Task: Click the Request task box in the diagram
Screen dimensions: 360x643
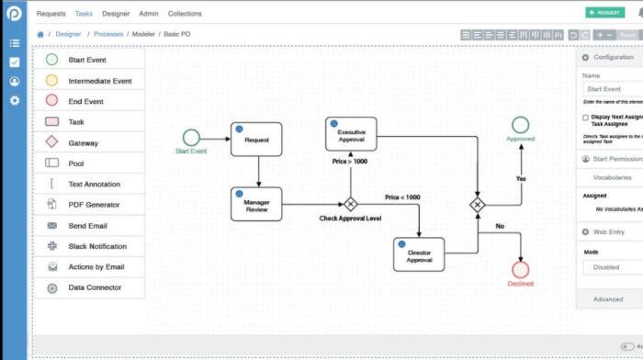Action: pos(256,140)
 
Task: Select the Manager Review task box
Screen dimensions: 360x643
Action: pos(256,204)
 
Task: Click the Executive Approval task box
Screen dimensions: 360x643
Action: pos(351,134)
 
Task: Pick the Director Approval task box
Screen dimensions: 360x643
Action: pos(419,254)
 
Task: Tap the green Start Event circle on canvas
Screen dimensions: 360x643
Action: pos(190,137)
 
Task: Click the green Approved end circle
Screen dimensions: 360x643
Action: pos(521,125)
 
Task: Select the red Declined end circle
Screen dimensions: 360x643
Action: pos(521,270)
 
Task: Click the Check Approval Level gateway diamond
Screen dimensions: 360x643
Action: pos(350,204)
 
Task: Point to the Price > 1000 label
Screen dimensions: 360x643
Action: pos(349,161)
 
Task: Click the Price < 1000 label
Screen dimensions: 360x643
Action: pos(402,197)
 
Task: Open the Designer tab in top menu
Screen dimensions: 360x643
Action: pos(116,14)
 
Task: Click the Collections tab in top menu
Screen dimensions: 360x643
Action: pos(185,14)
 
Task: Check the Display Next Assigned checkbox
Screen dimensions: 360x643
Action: pos(586,118)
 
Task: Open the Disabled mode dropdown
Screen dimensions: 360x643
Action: pos(611,267)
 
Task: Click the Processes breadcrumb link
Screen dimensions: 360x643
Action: pos(108,34)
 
